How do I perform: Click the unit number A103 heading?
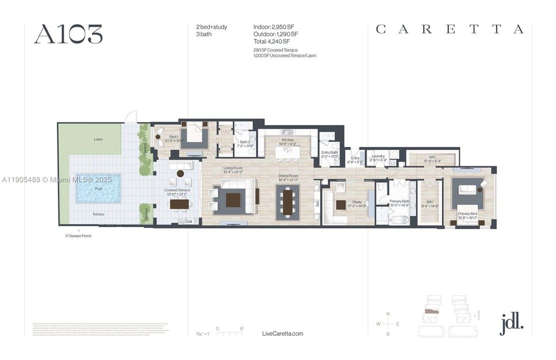68,34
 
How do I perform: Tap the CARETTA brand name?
449,29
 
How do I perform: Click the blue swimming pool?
98,188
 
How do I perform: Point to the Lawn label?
98,139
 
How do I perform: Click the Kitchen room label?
288,140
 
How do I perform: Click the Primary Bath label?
400,201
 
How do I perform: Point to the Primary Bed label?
468,213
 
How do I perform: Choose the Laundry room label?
378,156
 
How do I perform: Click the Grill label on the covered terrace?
189,221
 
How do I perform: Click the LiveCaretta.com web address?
282,333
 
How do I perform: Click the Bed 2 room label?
160,136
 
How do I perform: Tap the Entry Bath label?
330,152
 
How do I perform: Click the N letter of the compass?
388,313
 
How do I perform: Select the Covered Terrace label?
177,190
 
